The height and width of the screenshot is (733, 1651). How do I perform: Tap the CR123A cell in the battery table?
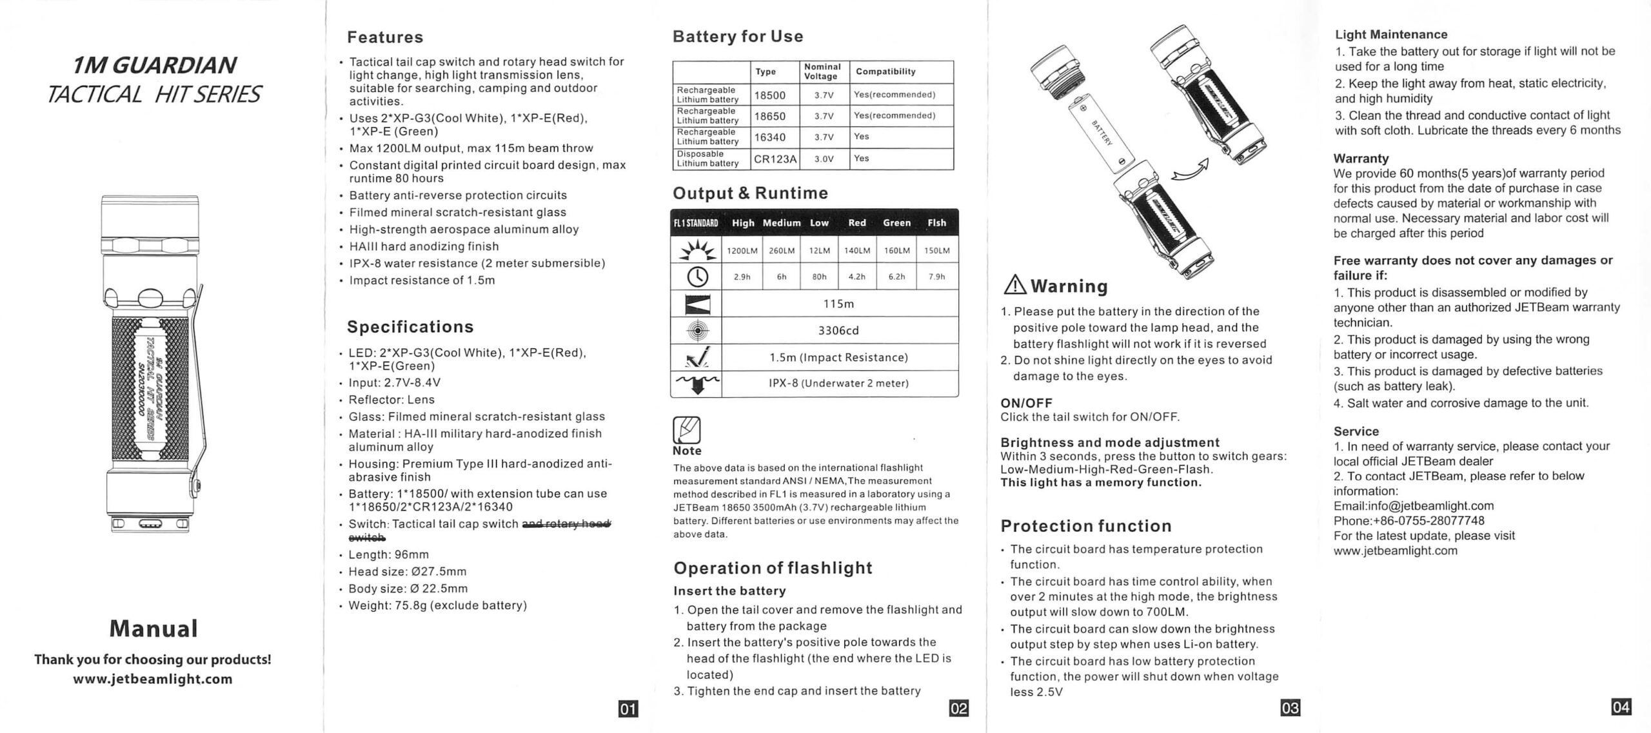[775, 159]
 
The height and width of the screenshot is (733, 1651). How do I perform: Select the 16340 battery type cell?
[770, 137]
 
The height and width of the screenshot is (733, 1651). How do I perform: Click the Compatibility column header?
[885, 72]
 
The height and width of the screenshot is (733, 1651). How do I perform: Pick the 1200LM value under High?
[742, 251]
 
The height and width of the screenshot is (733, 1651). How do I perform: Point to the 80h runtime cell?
[819, 277]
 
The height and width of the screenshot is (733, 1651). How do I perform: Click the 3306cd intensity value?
[838, 331]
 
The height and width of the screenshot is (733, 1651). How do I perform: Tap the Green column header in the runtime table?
[896, 223]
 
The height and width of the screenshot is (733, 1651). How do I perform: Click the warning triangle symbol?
[1015, 284]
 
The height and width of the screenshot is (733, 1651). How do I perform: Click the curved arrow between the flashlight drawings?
[1190, 171]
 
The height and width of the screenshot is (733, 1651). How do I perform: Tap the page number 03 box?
[1290, 708]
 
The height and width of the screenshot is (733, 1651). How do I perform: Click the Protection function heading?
[1086, 526]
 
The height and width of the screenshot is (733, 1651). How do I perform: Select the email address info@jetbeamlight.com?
[1414, 506]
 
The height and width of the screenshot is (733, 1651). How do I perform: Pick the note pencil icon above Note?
[686, 430]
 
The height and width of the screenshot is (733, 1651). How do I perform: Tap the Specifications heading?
[410, 327]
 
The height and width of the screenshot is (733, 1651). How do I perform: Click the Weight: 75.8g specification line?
[437, 605]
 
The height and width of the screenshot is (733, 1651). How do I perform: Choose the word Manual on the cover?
[153, 629]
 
